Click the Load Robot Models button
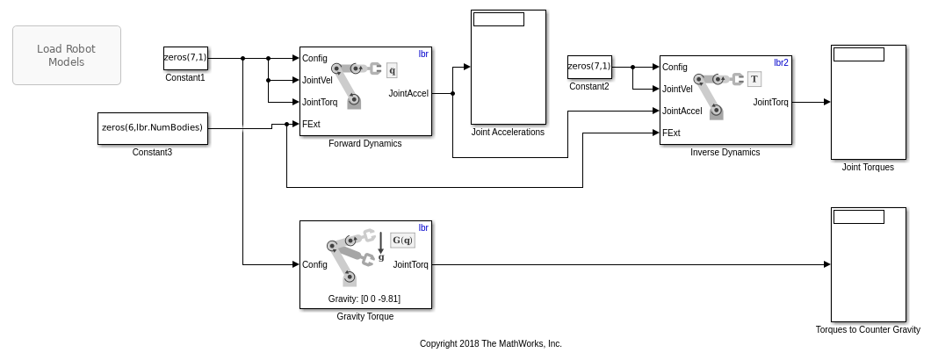pos(67,55)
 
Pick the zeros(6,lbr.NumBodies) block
pos(153,128)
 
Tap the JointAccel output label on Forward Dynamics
pos(408,92)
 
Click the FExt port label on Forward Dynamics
pos(311,124)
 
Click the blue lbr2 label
pos(781,63)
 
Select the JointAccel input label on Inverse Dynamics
pos(682,111)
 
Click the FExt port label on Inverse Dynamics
pos(671,133)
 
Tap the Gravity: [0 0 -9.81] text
pos(364,299)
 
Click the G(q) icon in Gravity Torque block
pos(402,240)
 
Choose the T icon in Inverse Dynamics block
pos(754,79)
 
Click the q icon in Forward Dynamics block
pos(392,69)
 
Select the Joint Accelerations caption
pos(508,133)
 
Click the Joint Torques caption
pos(868,167)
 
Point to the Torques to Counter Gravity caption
pos(868,330)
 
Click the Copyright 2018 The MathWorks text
pos(490,343)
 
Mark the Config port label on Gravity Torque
pos(314,264)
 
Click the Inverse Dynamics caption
pos(725,152)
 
